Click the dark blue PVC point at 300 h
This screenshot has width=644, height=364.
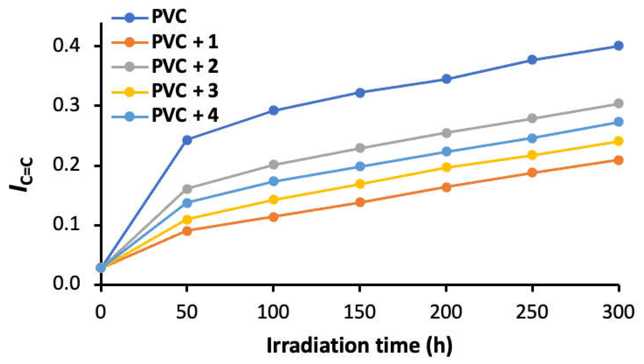coord(618,46)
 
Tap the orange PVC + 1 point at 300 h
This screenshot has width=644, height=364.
coord(618,160)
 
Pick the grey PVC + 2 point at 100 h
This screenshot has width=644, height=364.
coord(274,164)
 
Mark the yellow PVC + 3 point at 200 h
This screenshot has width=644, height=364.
coord(446,167)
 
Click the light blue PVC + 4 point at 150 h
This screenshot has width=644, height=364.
coord(360,166)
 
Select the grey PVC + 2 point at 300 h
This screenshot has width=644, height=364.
coord(618,104)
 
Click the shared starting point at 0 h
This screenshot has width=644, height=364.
coord(101,268)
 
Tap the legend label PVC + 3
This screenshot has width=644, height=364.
coord(184,91)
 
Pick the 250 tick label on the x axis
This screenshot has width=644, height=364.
coord(532,312)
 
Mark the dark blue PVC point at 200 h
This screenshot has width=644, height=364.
coord(446,79)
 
